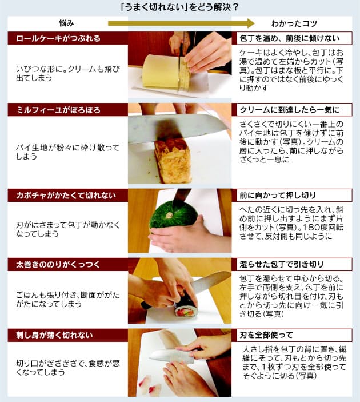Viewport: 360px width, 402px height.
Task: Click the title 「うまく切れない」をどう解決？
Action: tap(179, 7)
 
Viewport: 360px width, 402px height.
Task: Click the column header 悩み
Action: tap(66, 23)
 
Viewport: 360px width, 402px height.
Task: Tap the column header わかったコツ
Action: tap(294, 23)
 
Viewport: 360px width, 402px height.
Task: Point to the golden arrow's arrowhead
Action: tap(250, 23)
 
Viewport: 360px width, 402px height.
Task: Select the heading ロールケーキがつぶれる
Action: tap(58, 38)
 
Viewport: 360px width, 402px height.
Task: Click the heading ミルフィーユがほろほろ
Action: tap(58, 110)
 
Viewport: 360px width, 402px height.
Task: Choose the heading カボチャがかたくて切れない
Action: tap(66, 196)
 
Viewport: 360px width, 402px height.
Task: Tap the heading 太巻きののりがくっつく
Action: tap(58, 265)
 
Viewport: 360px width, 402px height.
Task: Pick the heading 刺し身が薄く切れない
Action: tap(54, 335)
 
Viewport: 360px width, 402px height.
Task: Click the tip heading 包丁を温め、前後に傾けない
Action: tap(290, 38)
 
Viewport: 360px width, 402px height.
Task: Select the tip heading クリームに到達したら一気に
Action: tap(290, 110)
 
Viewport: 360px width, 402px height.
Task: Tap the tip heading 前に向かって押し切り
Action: tap(278, 196)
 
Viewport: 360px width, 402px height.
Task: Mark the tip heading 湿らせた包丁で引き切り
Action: tap(282, 264)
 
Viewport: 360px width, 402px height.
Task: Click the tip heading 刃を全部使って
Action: tap(266, 335)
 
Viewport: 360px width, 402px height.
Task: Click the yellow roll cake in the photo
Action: tap(161, 72)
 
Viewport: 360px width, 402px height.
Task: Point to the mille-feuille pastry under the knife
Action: tap(174, 161)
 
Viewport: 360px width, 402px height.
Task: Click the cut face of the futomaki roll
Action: tap(185, 310)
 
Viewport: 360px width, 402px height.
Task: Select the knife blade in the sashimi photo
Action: tap(171, 356)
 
